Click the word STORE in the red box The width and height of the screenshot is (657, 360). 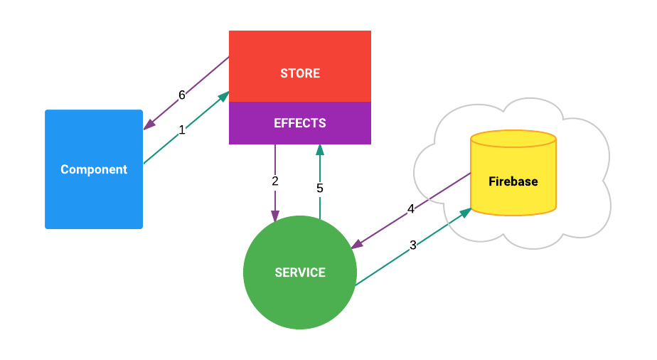click(x=299, y=73)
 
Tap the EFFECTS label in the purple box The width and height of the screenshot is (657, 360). click(x=299, y=123)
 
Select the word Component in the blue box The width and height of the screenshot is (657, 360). click(x=94, y=169)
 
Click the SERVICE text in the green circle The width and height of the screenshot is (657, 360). click(x=299, y=272)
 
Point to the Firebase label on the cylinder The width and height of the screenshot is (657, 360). click(x=513, y=181)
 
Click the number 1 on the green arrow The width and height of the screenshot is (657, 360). click(x=181, y=130)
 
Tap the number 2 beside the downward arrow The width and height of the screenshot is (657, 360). click(x=275, y=181)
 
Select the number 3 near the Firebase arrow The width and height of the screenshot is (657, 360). click(x=413, y=245)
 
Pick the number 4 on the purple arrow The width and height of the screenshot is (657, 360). click(x=411, y=209)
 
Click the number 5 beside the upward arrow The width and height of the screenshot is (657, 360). click(x=320, y=189)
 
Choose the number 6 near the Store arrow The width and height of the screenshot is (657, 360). click(x=182, y=95)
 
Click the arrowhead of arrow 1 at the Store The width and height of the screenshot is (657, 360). click(x=224, y=95)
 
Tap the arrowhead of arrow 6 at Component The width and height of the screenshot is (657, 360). click(x=148, y=126)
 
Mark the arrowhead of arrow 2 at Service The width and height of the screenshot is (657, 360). click(x=275, y=216)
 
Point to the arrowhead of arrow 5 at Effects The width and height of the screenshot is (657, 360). click(x=320, y=149)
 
